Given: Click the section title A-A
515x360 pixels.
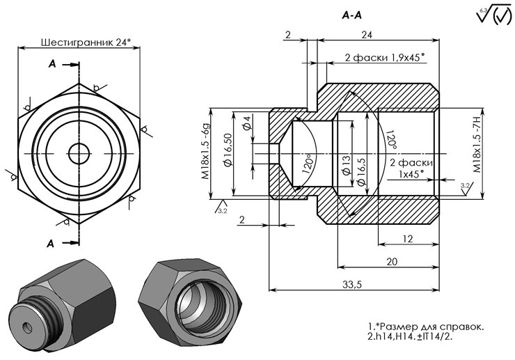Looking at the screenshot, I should (x=352, y=14).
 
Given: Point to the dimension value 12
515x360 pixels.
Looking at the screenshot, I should (x=408, y=238).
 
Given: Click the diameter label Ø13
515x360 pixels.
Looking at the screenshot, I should (x=346, y=164).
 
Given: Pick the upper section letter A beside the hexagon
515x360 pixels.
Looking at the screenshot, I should (x=52, y=64).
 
